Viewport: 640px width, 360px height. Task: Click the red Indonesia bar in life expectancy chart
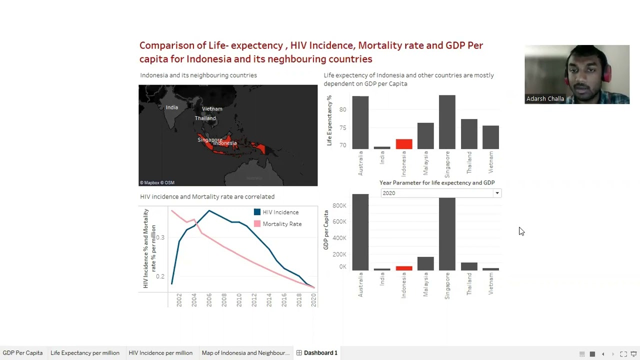(x=404, y=144)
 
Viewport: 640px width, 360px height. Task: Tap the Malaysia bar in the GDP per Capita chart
(x=425, y=263)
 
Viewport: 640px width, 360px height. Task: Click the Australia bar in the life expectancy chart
(x=360, y=122)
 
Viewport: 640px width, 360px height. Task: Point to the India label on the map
(x=171, y=107)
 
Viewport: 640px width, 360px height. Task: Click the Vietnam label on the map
(x=212, y=108)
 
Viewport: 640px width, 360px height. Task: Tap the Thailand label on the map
(x=205, y=118)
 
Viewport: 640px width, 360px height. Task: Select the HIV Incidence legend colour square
(x=257, y=212)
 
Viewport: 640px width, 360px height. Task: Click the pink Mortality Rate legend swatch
(x=257, y=224)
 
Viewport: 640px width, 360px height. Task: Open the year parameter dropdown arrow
(x=497, y=193)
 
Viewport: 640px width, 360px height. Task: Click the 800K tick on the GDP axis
(x=339, y=205)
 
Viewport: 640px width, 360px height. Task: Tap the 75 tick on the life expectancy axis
(x=342, y=127)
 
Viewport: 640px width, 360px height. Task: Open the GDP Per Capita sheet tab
(x=22, y=353)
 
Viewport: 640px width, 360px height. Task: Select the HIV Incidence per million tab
(x=160, y=353)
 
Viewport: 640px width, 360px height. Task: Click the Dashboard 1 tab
(x=320, y=353)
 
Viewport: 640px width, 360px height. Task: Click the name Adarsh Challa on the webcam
(x=545, y=99)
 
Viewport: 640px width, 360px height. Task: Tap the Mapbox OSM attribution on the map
(x=157, y=182)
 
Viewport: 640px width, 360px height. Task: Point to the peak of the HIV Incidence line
(x=209, y=210)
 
